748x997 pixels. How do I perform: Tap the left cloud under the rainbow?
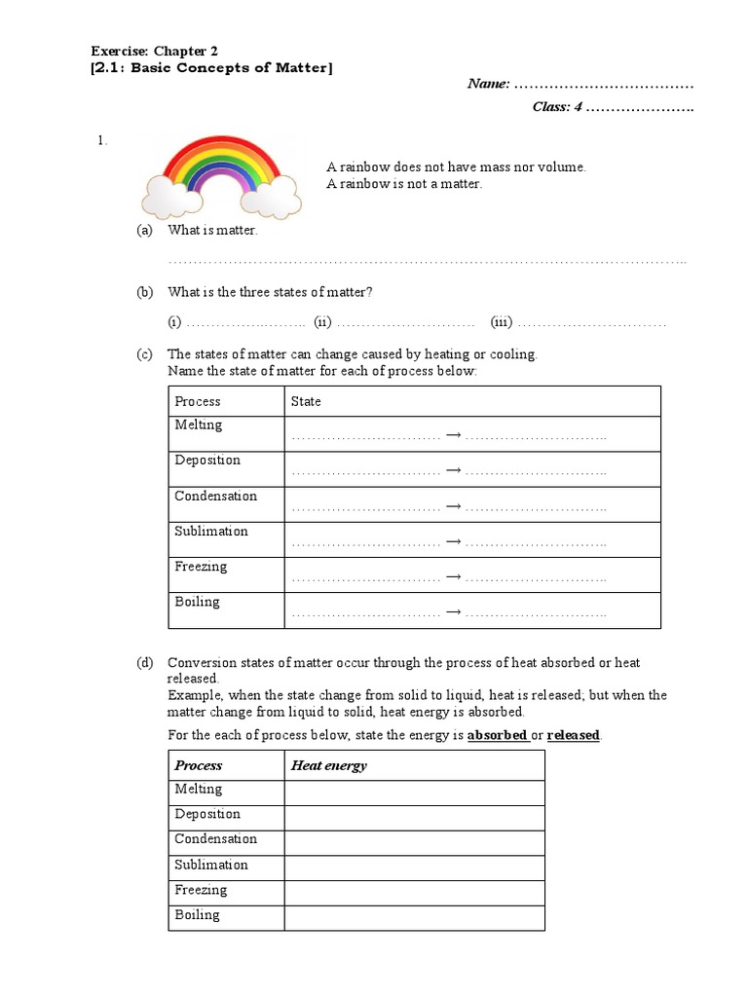click(x=168, y=195)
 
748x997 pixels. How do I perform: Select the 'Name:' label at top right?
click(x=489, y=84)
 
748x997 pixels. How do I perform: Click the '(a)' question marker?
click(x=145, y=231)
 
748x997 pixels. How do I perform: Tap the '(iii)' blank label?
click(x=502, y=322)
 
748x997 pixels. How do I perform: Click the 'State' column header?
click(x=306, y=401)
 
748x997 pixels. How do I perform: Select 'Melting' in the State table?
click(x=199, y=425)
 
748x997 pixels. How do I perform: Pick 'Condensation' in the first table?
click(x=215, y=496)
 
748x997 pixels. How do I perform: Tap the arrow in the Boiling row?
click(x=453, y=613)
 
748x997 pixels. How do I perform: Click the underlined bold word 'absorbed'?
click(x=498, y=735)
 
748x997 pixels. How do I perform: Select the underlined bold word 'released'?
click(x=574, y=735)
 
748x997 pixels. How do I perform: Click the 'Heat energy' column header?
click(x=329, y=765)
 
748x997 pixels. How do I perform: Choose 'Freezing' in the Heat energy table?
click(x=201, y=889)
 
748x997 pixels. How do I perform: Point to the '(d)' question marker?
click(x=145, y=663)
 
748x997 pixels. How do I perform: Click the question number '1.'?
click(x=101, y=140)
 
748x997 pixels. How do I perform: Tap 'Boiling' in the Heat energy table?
click(x=197, y=914)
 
